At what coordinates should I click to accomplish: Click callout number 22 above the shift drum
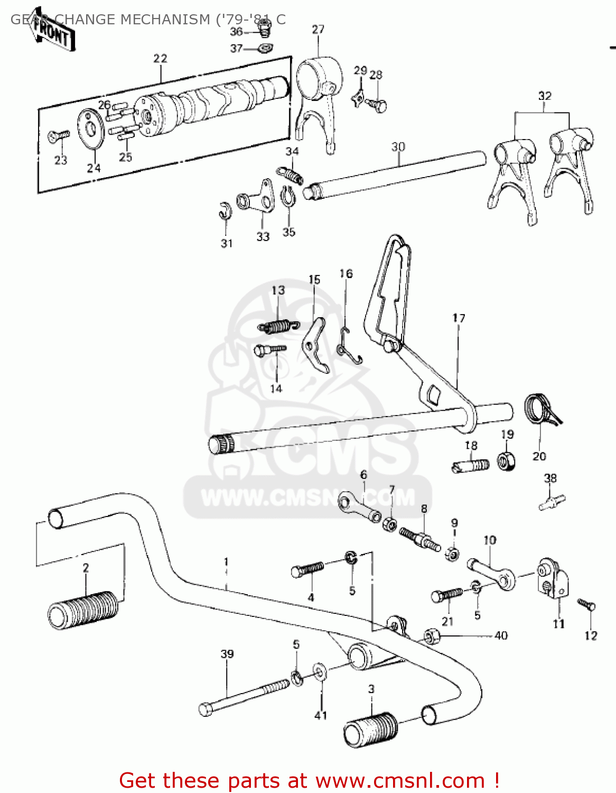tap(160, 58)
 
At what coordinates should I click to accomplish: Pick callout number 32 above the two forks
tap(545, 96)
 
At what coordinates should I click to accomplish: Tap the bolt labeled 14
tap(269, 350)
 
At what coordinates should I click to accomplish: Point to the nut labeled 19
tap(507, 461)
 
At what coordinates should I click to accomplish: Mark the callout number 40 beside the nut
tap(500, 635)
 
